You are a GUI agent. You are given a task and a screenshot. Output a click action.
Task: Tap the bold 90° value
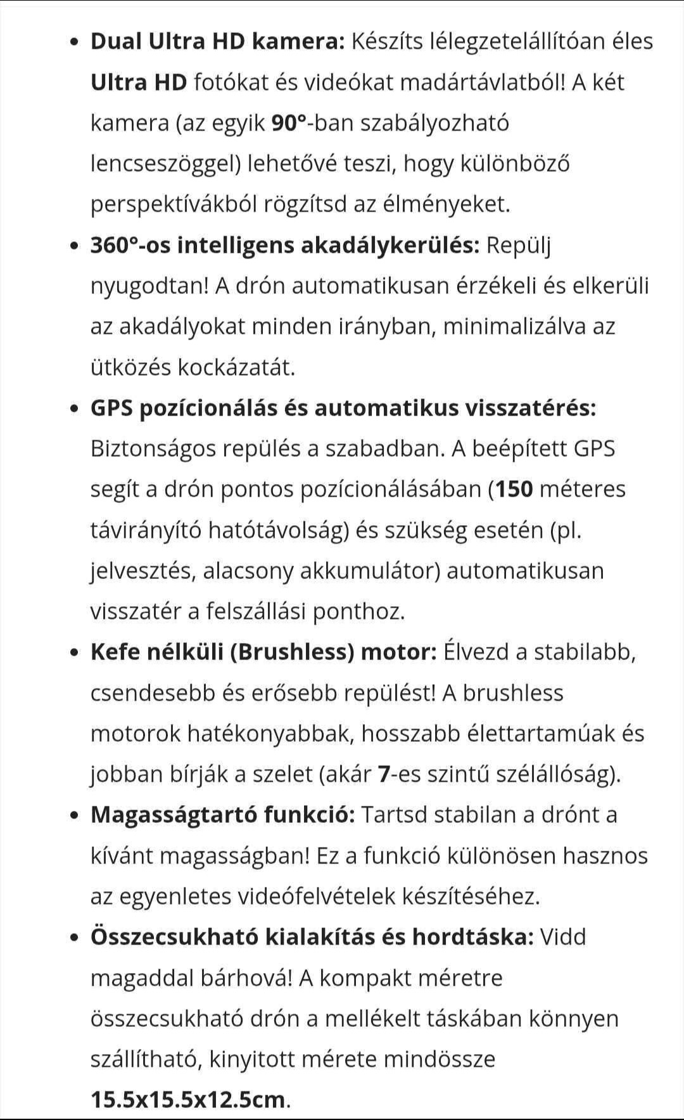tap(289, 124)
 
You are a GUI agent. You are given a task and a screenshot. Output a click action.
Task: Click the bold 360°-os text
tap(130, 245)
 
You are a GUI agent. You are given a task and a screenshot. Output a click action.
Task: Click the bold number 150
tap(514, 490)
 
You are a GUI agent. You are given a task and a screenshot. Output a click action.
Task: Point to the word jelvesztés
tap(142, 571)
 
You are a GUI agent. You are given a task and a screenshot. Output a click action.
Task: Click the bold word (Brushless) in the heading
tap(291, 652)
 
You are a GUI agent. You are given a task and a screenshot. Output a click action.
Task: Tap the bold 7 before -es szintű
tap(383, 775)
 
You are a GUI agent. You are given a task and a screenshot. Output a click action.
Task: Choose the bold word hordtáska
tap(473, 938)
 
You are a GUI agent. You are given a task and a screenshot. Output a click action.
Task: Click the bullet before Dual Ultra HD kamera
tap(75, 43)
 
